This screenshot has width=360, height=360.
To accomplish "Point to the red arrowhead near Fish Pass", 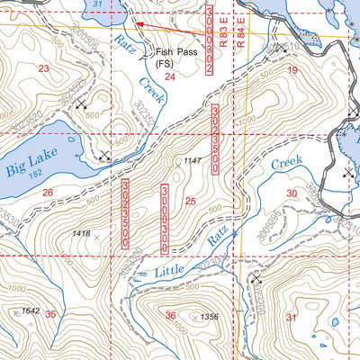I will click(x=139, y=25).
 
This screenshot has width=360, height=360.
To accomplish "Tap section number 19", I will click(x=292, y=69).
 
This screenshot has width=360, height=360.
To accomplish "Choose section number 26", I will click(x=47, y=193).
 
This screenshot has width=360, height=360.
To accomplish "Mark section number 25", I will click(x=190, y=200).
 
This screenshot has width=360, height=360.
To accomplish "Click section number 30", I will click(x=291, y=193).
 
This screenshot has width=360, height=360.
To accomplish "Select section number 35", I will click(x=51, y=314).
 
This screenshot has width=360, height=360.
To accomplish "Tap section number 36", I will click(x=171, y=315).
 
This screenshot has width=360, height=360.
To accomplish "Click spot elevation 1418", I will click(x=80, y=234).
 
